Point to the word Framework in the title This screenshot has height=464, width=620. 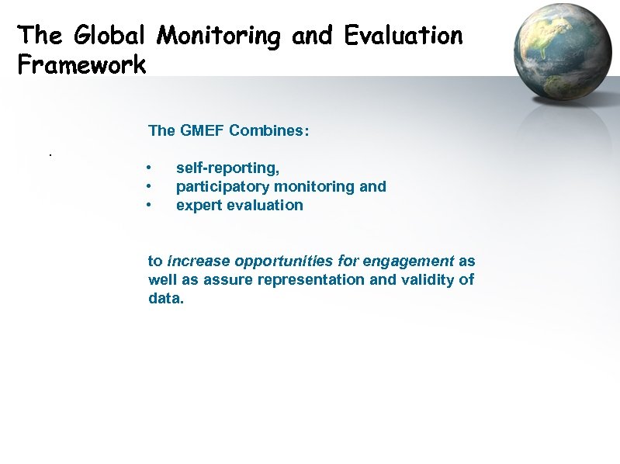(x=81, y=64)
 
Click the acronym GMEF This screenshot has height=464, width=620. (x=202, y=130)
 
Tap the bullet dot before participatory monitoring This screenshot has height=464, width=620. (x=148, y=187)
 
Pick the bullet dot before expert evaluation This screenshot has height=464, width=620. (x=148, y=206)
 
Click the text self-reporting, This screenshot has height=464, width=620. (x=228, y=168)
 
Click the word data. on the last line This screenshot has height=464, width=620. (x=166, y=298)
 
